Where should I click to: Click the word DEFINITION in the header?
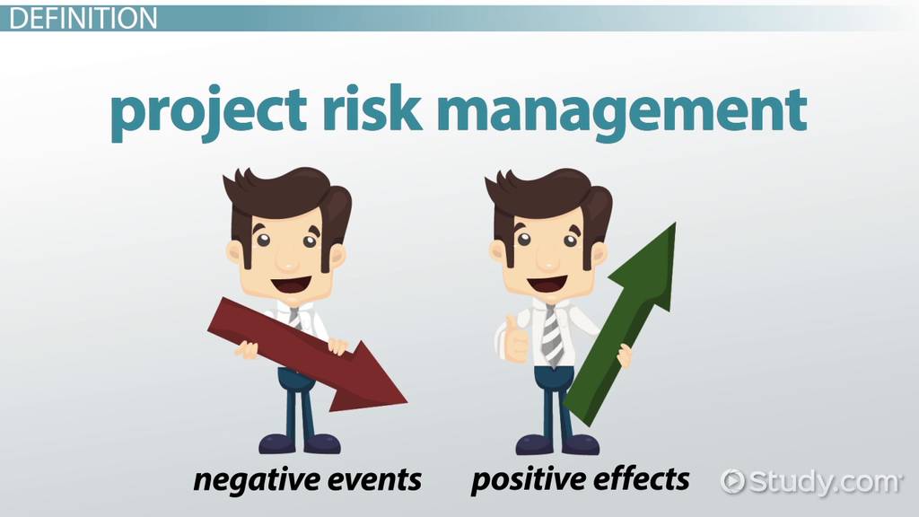pyautogui.click(x=83, y=18)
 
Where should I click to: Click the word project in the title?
pyautogui.click(x=208, y=112)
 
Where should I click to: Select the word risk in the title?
pyautogui.click(x=372, y=108)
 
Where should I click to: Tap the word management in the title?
pyautogui.click(x=622, y=113)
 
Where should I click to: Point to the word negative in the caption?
pyautogui.click(x=252, y=480)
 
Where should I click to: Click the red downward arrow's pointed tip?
pyautogui.click(x=407, y=403)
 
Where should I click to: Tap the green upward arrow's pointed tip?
pyautogui.click(x=675, y=223)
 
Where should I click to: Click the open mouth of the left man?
pyautogui.click(x=290, y=285)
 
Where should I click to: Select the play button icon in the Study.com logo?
pyautogui.click(x=732, y=481)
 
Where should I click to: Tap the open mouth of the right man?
pyautogui.click(x=548, y=283)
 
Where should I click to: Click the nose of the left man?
pyautogui.click(x=287, y=263)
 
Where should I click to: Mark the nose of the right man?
pyautogui.click(x=547, y=262)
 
